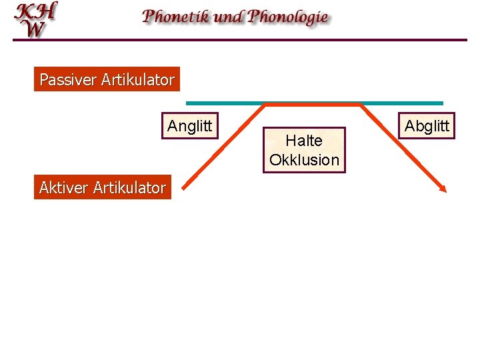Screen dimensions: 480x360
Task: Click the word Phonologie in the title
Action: pyautogui.click(x=288, y=17)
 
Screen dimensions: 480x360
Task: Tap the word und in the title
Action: pyautogui.click(x=229, y=17)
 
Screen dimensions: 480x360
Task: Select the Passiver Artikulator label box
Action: pyautogui.click(x=107, y=80)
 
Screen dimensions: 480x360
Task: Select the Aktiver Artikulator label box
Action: pyautogui.click(x=103, y=187)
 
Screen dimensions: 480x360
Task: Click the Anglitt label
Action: pyautogui.click(x=190, y=126)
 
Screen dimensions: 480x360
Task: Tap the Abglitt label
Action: pyautogui.click(x=427, y=126)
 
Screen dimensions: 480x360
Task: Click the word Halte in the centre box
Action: pyautogui.click(x=304, y=141)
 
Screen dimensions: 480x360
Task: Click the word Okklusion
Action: pyautogui.click(x=304, y=160)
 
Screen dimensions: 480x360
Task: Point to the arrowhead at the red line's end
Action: pyautogui.click(x=443, y=189)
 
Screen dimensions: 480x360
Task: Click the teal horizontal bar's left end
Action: pyautogui.click(x=189, y=103)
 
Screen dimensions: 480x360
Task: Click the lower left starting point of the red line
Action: pyautogui.click(x=183, y=191)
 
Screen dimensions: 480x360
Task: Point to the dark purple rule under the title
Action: pyautogui.click(x=240, y=40)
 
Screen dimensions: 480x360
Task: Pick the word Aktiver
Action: pyautogui.click(x=63, y=187)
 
